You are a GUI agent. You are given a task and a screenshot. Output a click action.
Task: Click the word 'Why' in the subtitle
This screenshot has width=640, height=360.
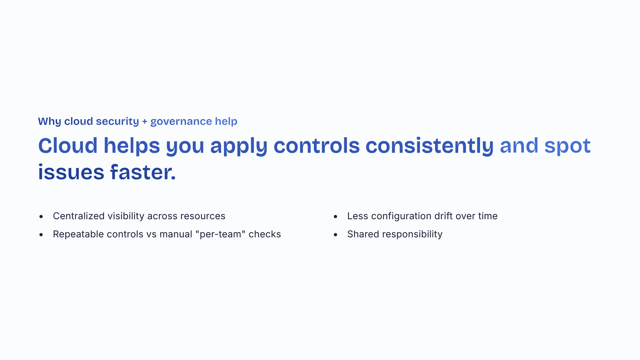[x=49, y=122]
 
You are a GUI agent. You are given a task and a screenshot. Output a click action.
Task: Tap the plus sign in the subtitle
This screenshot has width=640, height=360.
[x=145, y=122]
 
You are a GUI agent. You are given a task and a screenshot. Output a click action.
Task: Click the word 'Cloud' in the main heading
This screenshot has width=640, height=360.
[x=68, y=146]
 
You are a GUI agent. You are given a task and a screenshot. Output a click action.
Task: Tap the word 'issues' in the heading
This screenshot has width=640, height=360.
[x=71, y=172]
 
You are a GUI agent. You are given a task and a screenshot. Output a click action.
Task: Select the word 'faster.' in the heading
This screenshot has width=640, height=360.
[x=143, y=172]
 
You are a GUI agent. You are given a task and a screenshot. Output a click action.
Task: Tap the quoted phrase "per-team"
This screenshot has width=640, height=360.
[x=220, y=234]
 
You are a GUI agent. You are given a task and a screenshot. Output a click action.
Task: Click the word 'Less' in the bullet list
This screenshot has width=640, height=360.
[x=358, y=216]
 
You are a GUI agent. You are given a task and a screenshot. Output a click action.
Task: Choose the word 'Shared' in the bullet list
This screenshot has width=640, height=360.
[x=363, y=234]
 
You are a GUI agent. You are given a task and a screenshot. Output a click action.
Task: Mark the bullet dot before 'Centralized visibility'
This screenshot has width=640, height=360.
[x=41, y=217]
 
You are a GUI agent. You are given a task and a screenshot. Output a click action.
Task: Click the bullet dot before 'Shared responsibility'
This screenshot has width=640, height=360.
[x=335, y=235]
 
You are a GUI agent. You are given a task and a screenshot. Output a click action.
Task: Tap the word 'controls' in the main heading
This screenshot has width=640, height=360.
[x=317, y=146]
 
